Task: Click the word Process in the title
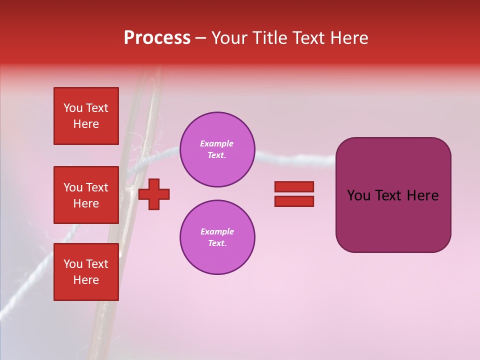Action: tap(157, 38)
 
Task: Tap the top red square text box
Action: tap(86, 116)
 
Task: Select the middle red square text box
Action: tap(86, 195)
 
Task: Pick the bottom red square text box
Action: tap(86, 272)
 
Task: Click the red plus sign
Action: tap(154, 194)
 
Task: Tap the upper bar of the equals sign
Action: tap(294, 186)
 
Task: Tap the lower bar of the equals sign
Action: tap(294, 201)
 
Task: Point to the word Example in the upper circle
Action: tap(216, 143)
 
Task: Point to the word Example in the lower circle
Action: tap(217, 231)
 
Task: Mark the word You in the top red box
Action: tap(73, 108)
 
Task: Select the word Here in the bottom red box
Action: tap(86, 280)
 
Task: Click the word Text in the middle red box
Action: tap(97, 187)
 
